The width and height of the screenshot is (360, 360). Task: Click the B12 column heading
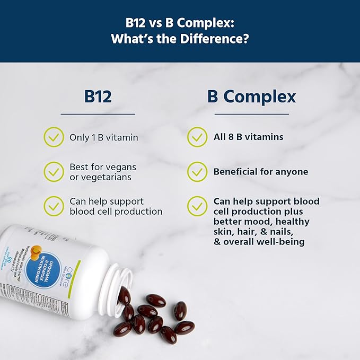98,96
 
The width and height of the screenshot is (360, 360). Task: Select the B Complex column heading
252,96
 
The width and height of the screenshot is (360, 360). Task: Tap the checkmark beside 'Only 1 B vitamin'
54,137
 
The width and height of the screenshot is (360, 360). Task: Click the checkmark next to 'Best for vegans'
54,171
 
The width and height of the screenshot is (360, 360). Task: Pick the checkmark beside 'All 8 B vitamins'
197,137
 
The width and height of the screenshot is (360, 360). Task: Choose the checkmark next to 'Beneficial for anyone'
197,172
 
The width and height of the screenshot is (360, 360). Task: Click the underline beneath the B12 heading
98,113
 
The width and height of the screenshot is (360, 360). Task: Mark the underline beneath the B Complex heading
252,113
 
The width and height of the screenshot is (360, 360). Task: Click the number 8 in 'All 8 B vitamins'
231,137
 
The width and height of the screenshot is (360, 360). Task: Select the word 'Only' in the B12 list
79,137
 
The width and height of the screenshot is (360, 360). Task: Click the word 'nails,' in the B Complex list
291,232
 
